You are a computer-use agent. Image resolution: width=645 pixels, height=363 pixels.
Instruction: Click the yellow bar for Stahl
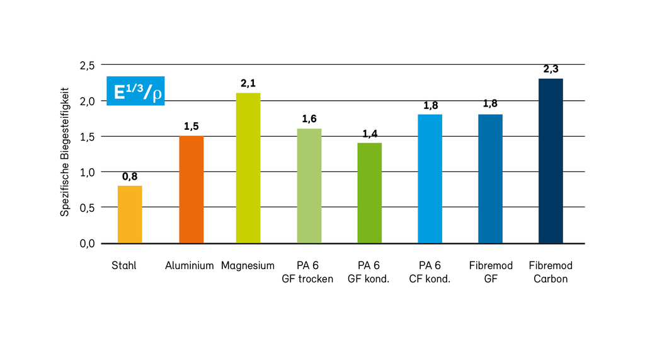tap(130, 214)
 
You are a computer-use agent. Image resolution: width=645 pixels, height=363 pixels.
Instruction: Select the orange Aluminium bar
tap(191, 189)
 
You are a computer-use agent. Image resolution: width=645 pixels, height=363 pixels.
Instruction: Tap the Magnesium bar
tap(248, 168)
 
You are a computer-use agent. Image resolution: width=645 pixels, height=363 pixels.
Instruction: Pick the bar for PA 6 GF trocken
tap(309, 186)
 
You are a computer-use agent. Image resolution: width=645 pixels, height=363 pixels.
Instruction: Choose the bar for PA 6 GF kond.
tap(369, 193)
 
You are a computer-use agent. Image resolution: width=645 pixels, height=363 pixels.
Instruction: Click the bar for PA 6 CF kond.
tap(430, 178)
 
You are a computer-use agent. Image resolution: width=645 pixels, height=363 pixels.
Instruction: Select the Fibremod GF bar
tap(490, 178)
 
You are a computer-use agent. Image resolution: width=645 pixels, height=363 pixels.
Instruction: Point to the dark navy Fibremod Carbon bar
tap(551, 161)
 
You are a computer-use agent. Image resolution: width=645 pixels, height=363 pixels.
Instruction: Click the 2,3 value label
tap(551, 69)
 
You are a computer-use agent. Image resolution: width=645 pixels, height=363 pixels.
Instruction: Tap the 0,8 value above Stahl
tap(130, 176)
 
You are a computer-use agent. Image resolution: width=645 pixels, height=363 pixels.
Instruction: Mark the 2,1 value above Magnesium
tap(248, 83)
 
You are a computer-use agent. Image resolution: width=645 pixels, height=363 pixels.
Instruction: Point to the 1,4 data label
tap(369, 133)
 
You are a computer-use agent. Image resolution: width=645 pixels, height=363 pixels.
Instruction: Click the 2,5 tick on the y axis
tap(87, 65)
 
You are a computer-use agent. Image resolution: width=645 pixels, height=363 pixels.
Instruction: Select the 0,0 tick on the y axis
tap(87, 243)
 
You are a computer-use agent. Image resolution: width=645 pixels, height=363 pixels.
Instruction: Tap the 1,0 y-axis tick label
tap(87, 172)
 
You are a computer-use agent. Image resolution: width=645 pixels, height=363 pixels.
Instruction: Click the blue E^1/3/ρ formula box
tap(135, 92)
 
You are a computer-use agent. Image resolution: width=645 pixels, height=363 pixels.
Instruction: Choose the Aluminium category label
tap(190, 266)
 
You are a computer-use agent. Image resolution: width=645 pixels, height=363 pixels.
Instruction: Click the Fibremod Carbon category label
tap(551, 272)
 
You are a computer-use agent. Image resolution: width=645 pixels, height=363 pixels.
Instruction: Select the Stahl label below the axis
tap(123, 266)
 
